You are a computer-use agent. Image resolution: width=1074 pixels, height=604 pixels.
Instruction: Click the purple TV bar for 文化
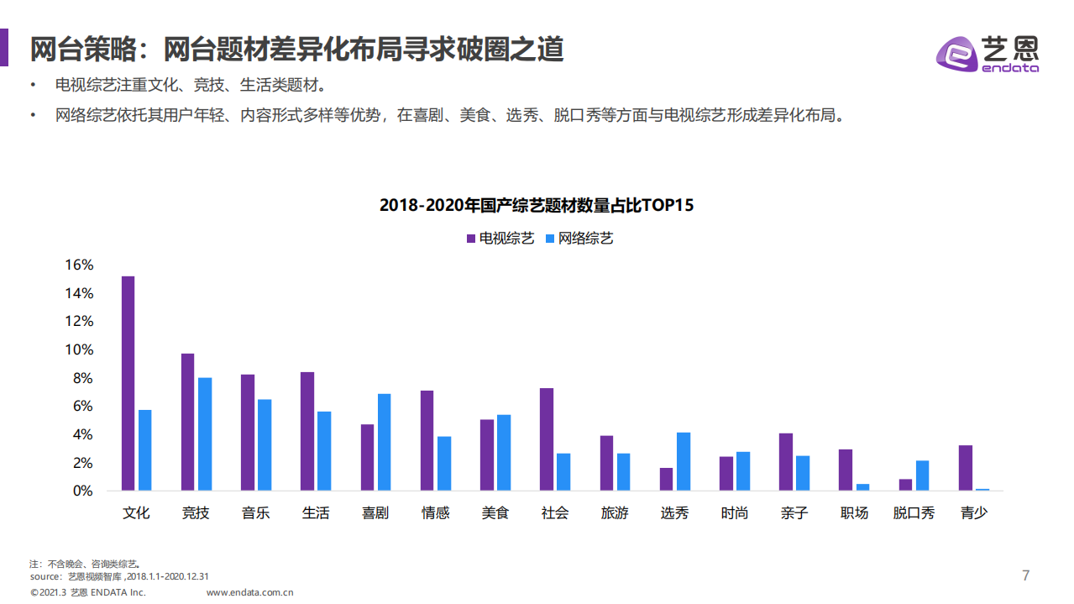coord(128,383)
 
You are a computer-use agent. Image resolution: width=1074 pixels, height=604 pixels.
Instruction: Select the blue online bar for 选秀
coord(684,461)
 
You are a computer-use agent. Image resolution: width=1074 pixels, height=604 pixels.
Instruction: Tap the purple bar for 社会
coord(547,439)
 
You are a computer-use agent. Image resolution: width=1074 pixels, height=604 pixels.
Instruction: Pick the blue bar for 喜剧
coord(384,442)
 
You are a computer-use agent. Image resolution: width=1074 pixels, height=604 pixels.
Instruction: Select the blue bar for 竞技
coord(205,433)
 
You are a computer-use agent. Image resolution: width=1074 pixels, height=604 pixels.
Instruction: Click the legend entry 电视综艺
coord(500,239)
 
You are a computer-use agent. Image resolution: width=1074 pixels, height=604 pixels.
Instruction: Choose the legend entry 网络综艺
coord(579,239)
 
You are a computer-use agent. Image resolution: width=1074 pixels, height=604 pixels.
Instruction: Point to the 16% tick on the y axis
coord(79,265)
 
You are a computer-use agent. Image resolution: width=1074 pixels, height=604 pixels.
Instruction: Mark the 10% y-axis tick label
coord(79,349)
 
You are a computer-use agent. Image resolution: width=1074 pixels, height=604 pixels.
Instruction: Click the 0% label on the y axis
coord(82,491)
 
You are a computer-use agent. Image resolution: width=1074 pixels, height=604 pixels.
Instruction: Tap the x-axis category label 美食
coord(495,512)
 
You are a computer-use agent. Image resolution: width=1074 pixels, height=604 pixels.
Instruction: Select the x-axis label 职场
coord(854,512)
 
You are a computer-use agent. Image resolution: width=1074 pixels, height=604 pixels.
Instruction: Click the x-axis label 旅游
coord(615,512)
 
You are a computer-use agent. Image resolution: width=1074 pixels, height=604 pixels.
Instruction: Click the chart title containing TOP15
coord(537,205)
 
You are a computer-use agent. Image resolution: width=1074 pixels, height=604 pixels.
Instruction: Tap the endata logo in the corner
coord(988,54)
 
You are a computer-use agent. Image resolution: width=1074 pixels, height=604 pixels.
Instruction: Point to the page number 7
coord(1025,575)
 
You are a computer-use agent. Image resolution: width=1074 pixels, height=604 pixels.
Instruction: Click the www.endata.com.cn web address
coord(249,592)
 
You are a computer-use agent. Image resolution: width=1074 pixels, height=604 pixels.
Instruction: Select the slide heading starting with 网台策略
coord(296,50)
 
